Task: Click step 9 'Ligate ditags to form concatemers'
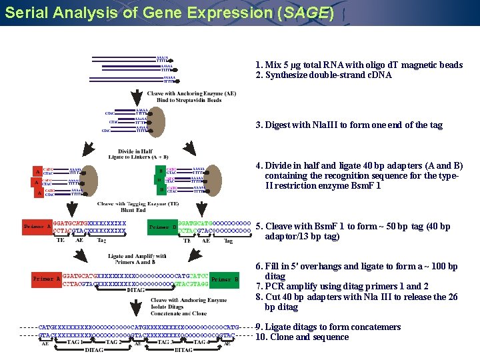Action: pos(328,327)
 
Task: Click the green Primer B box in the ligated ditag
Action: pos(225,279)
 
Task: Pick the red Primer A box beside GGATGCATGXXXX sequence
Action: pos(37,227)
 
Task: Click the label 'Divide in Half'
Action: pos(135,151)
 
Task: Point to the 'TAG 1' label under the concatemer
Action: pos(74,341)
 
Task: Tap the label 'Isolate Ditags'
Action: pos(169,307)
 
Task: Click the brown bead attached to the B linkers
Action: pos(181,180)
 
